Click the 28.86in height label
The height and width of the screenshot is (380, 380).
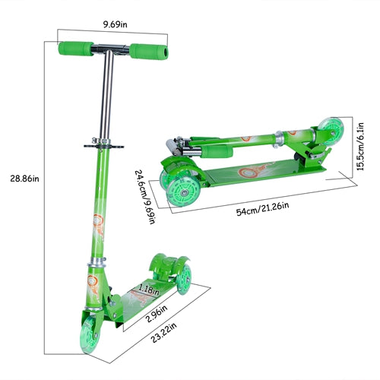point(24,179)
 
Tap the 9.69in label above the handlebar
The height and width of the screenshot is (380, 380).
point(115,24)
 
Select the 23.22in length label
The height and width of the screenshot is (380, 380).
point(164,333)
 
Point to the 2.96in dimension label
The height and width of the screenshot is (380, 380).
point(157,314)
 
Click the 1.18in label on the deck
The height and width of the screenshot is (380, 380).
point(149,290)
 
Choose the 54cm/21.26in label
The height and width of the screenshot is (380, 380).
point(262,209)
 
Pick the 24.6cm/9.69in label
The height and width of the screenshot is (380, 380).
point(145,197)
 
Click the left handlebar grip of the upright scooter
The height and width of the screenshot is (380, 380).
point(76,49)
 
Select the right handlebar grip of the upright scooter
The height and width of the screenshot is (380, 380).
point(149,52)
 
